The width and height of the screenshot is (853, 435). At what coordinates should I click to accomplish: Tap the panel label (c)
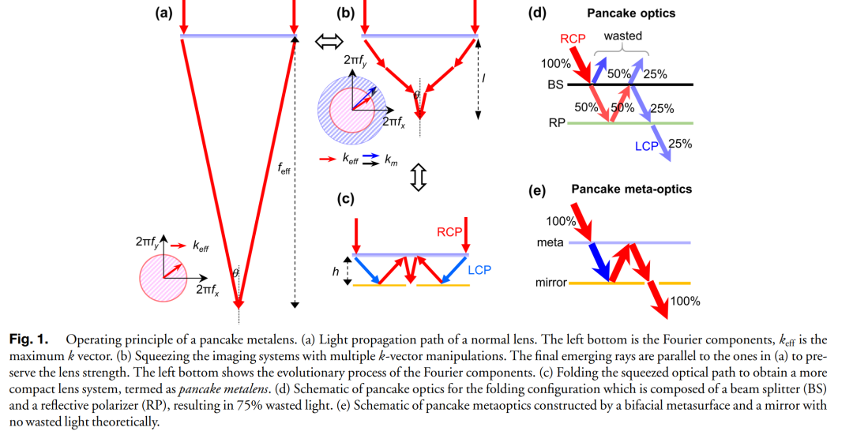tap(344, 199)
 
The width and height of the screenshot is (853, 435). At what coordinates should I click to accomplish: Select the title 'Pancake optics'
tap(631, 13)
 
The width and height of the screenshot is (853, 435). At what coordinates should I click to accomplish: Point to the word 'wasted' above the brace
tap(622, 36)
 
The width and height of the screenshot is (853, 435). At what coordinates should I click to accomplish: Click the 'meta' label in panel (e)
tap(550, 242)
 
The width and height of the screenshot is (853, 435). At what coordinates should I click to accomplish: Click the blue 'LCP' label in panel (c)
tap(479, 270)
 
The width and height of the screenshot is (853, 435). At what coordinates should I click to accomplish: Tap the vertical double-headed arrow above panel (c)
tap(419, 178)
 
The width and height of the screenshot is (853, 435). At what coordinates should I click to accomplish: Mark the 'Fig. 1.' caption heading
tap(28, 339)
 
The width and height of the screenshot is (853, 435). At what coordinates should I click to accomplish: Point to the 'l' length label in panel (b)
tap(483, 79)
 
